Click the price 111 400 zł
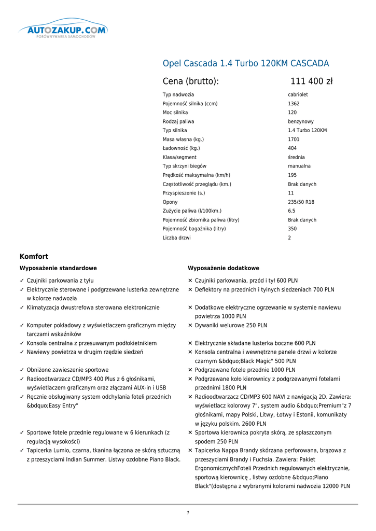(311, 81)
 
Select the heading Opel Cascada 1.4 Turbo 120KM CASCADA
(246, 64)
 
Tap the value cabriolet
(298, 95)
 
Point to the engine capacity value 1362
(294, 104)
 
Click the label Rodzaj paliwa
(178, 121)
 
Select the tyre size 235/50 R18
(301, 202)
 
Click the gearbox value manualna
(299, 166)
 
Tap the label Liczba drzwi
(176, 238)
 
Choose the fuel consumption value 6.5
(291, 211)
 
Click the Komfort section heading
(34, 257)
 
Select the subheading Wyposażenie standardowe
(58, 268)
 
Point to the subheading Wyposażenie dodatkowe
(223, 268)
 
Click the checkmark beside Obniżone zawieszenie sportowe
(22, 370)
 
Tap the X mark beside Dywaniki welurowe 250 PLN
(190, 326)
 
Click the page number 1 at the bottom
(188, 513)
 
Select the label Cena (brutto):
(190, 81)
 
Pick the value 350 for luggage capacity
(293, 229)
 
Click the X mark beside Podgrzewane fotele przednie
(190, 370)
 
